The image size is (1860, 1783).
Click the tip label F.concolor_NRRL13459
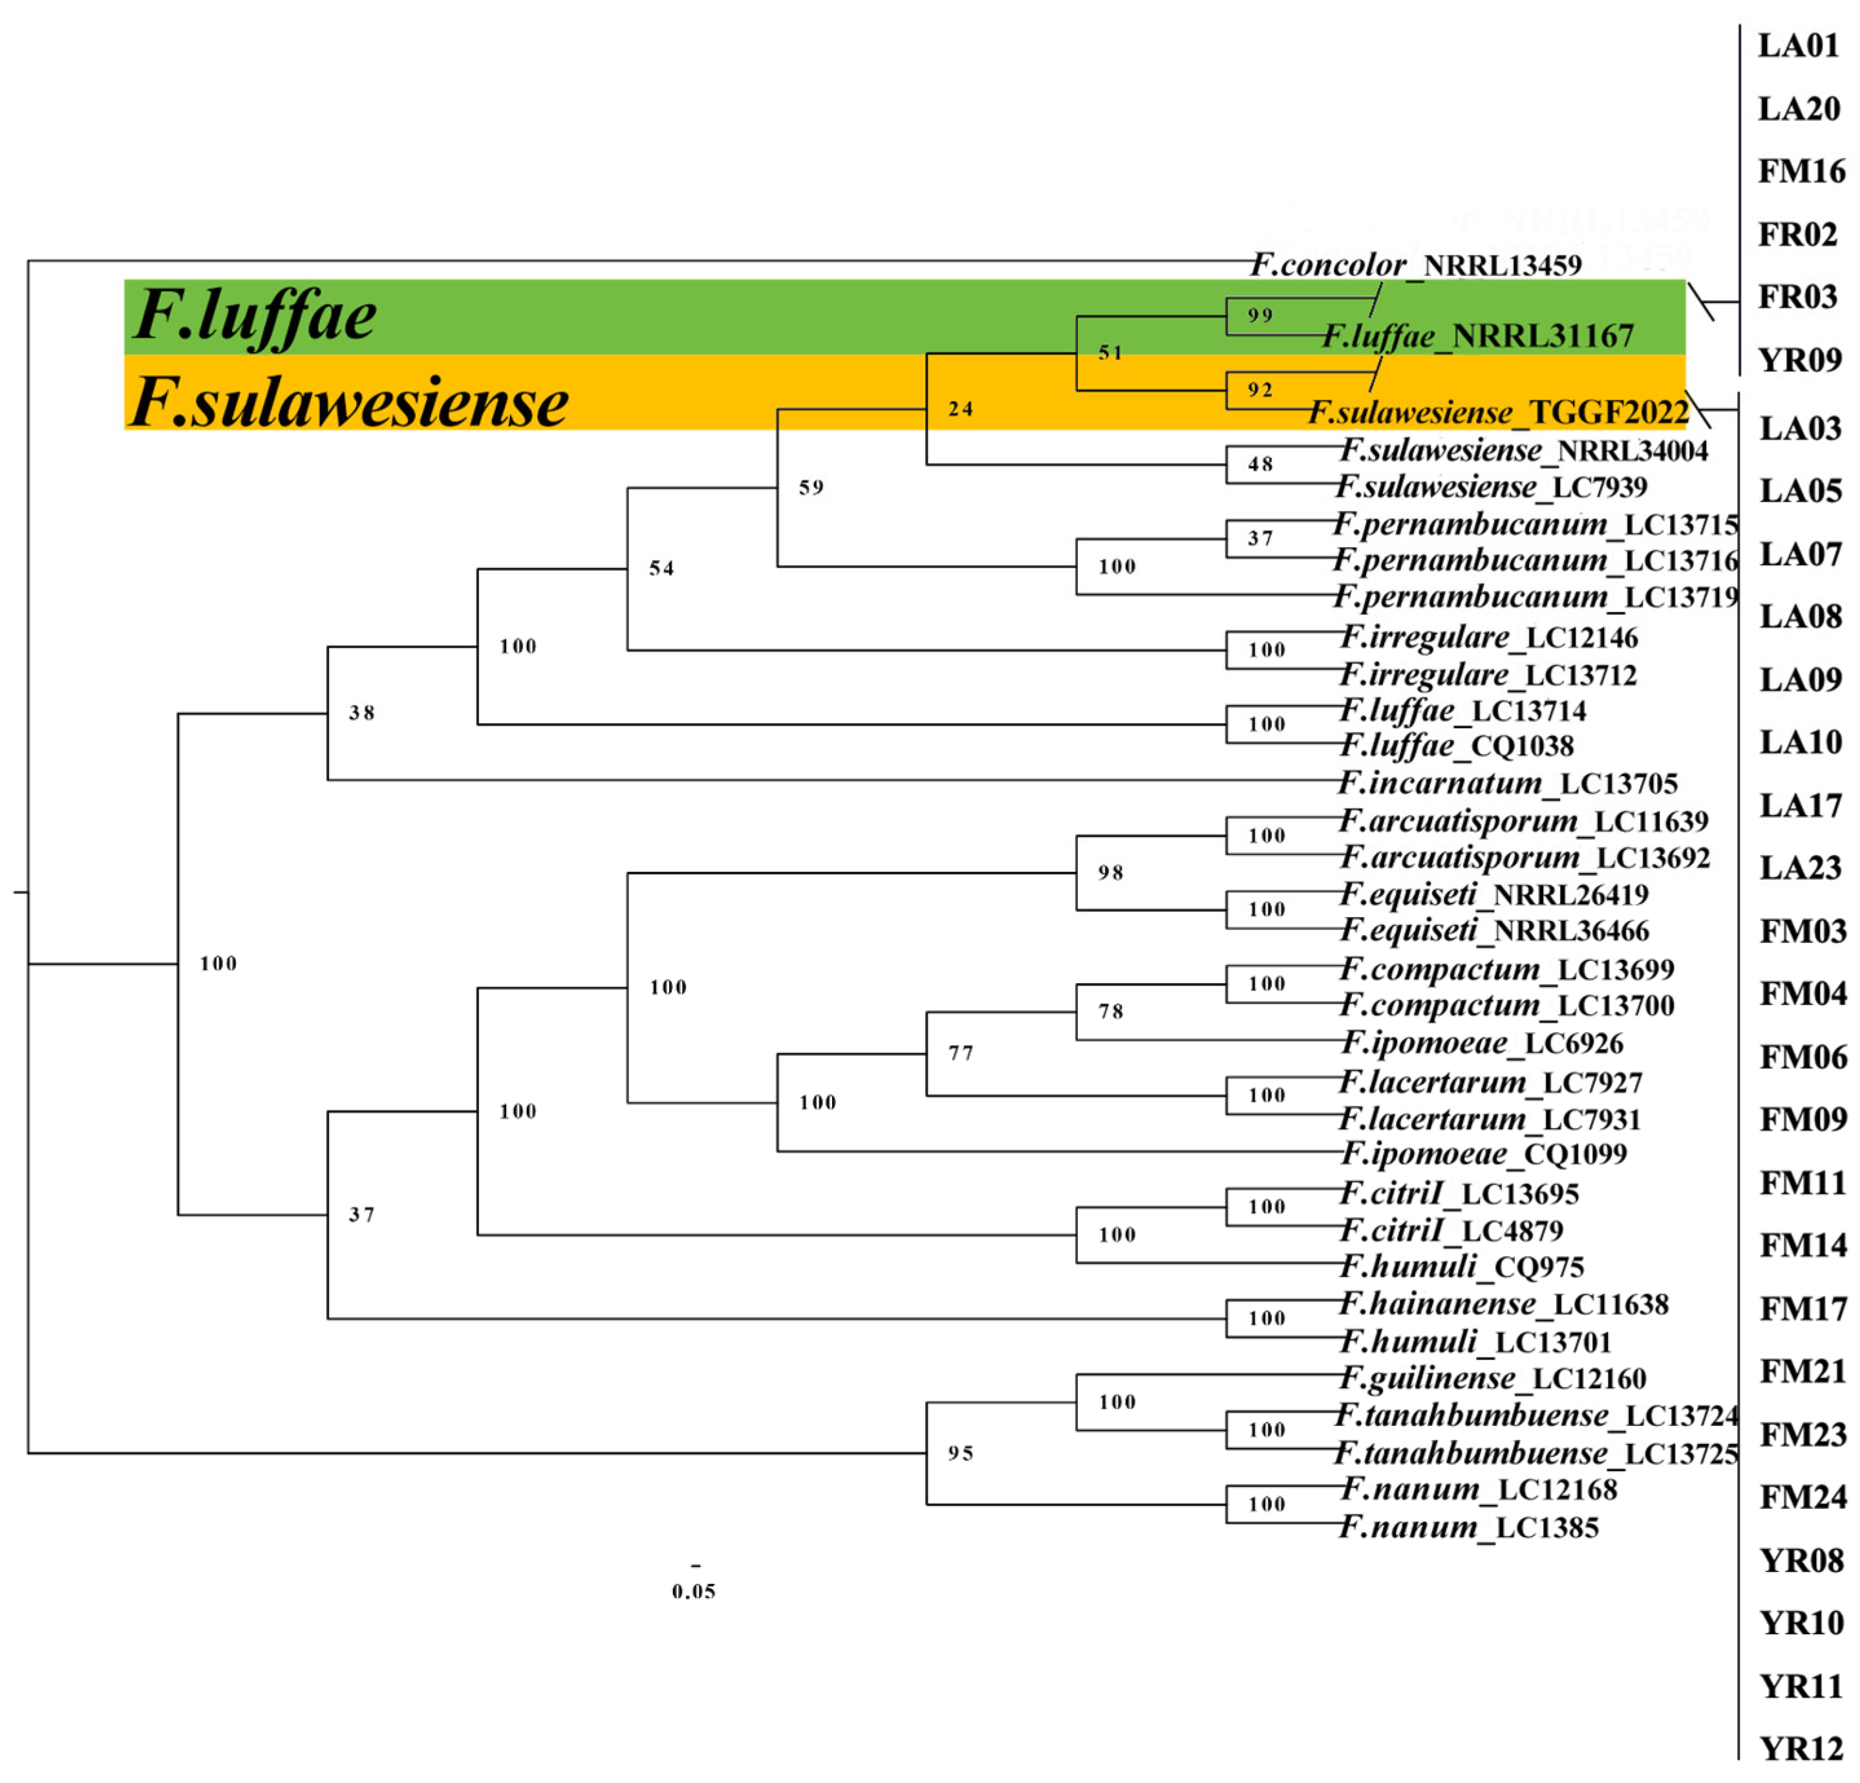point(1416,265)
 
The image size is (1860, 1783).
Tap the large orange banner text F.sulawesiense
point(349,402)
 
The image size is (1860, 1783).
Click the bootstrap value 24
point(960,409)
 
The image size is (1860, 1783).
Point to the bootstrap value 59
point(811,488)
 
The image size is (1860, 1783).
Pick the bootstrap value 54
point(661,568)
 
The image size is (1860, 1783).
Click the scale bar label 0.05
point(694,1591)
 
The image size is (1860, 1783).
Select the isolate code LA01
point(1799,45)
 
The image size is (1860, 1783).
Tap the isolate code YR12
point(1801,1748)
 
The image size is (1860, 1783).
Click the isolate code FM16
point(1801,172)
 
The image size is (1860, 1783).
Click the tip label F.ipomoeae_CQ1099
point(1483,1154)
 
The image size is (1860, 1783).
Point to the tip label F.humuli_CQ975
point(1461,1266)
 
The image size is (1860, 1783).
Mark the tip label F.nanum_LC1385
point(1469,1527)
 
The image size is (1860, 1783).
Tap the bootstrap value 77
point(960,1053)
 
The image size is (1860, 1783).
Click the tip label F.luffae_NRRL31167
point(1477,336)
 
